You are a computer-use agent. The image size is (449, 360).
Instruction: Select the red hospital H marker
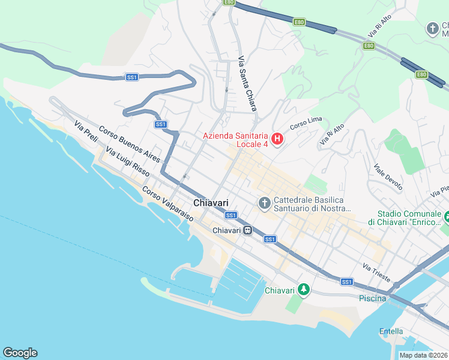(x=277, y=140)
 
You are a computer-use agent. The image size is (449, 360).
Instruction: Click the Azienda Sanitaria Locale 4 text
(x=235, y=140)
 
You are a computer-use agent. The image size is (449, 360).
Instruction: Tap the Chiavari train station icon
(x=247, y=230)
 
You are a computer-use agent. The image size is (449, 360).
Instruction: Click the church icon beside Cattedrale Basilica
(x=264, y=204)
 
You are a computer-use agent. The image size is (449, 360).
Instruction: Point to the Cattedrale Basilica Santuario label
(x=312, y=204)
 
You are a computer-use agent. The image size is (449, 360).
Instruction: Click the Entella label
(x=391, y=331)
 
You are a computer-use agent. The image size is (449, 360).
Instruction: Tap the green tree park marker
(x=304, y=290)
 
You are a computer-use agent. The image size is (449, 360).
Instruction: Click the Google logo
(x=20, y=352)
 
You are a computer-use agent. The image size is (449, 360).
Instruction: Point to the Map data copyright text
(x=424, y=355)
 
